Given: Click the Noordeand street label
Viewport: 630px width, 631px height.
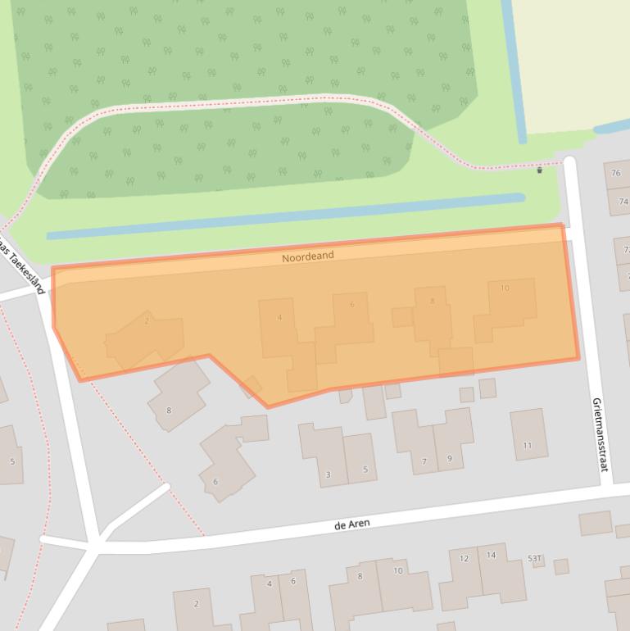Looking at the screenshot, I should click(308, 256).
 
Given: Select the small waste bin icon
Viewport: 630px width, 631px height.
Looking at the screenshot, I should click(539, 170).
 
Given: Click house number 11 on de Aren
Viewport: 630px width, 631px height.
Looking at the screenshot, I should click(528, 446).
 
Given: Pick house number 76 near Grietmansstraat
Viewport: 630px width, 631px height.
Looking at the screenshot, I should click(616, 174).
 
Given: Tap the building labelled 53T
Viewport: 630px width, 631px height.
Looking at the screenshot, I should click(535, 558).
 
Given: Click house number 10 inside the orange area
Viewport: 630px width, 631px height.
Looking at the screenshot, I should click(505, 288).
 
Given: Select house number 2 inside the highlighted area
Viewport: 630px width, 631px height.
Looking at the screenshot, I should click(147, 320).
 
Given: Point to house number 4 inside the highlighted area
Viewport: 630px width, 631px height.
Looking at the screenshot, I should click(280, 317).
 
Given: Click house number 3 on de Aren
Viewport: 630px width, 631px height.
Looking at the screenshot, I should click(329, 474).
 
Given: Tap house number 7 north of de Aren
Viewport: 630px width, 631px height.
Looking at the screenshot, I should click(424, 461).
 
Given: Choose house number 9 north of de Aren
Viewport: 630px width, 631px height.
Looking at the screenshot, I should click(450, 459).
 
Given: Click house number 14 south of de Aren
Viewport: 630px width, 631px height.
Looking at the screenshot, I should click(491, 555).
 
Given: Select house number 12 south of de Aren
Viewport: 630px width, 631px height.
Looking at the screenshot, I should click(464, 558).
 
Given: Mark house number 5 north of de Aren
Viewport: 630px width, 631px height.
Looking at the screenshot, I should click(365, 470).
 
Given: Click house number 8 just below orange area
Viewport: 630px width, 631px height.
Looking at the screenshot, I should click(169, 410).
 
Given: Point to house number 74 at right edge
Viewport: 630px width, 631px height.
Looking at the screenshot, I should click(623, 202).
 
